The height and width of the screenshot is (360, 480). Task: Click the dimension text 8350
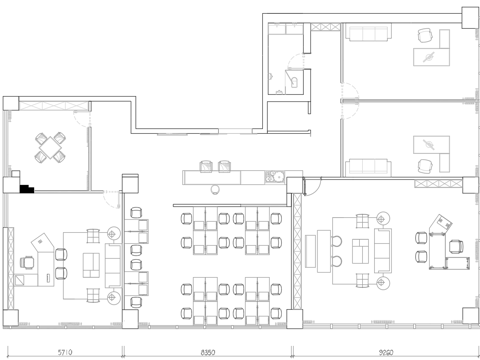(210, 351)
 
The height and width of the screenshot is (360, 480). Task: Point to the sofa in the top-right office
(367, 36)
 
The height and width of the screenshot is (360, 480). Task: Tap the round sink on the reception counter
(268, 179)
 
